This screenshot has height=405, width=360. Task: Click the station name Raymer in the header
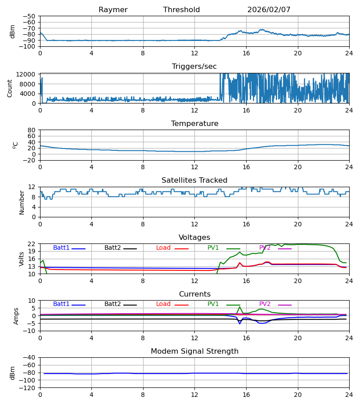point(113,10)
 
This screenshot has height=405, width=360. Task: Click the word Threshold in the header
point(181,10)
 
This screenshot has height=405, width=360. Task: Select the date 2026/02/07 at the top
point(269,10)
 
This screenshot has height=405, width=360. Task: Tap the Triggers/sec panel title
point(194,67)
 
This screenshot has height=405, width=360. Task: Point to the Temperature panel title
point(194,124)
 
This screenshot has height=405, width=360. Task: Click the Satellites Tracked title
point(194,180)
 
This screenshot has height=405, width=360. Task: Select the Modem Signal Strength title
point(194,351)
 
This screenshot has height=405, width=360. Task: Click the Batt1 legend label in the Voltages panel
point(61,248)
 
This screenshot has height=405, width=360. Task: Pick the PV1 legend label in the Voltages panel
point(213,248)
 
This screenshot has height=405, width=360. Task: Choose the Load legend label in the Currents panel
point(163,304)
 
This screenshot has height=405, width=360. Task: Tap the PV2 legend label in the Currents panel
point(265,304)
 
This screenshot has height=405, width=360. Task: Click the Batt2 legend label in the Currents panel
point(112,304)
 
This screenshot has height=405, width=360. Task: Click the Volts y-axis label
point(22,259)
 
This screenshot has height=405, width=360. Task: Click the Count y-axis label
point(10,88)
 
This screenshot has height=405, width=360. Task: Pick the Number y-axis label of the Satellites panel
point(22,202)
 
